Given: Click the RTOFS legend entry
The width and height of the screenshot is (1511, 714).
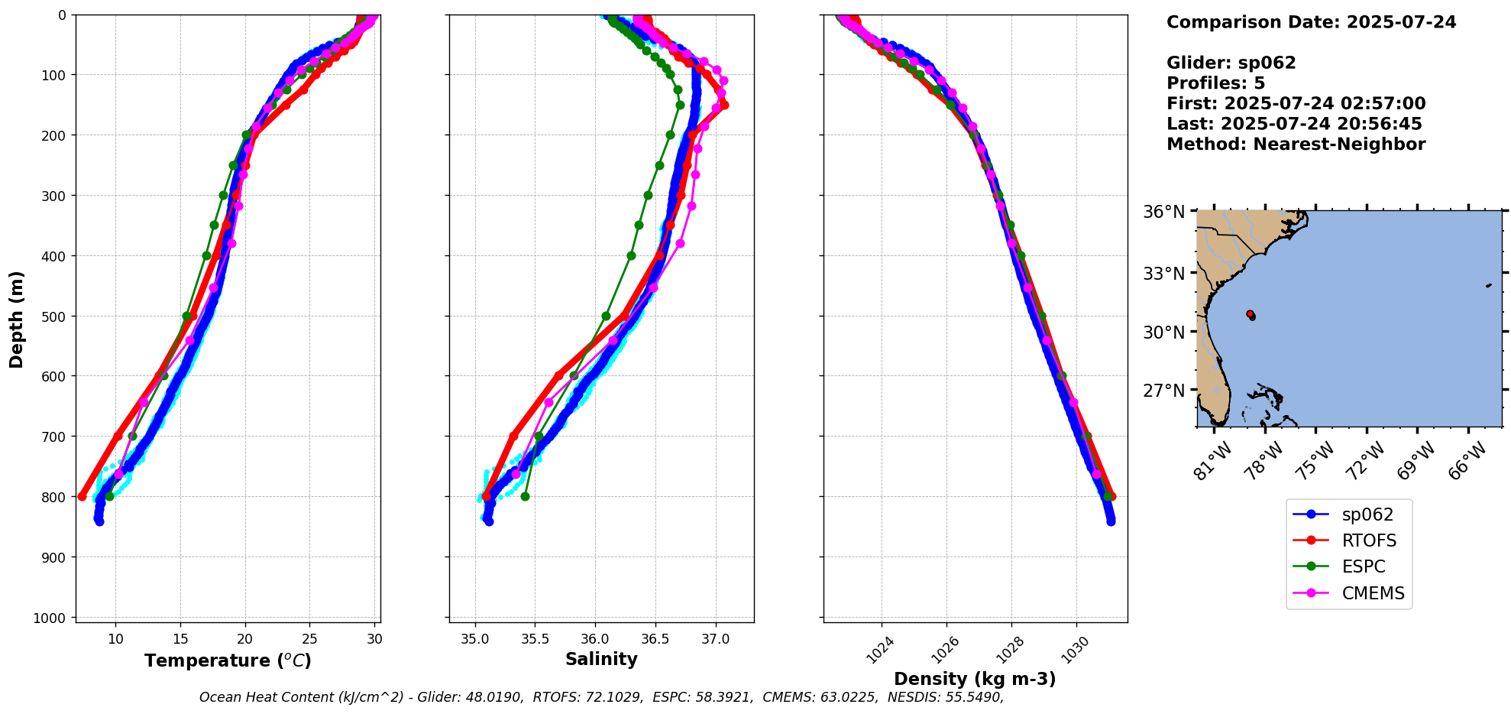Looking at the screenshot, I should pos(1369,540).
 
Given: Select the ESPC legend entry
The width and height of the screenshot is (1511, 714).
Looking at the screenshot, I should pos(1363,566).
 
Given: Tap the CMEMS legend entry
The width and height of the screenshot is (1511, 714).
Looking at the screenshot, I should pos(1373,593).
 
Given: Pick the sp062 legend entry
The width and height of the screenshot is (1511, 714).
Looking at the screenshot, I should pos(1367,514).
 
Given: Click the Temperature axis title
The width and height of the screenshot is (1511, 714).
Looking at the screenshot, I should pos(228,660).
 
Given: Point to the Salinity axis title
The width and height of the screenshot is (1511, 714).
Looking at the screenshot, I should pos(601,659).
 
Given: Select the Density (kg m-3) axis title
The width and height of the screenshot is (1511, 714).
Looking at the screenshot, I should pos(975,679).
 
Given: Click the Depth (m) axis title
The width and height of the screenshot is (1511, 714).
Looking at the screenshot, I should pos(17,319).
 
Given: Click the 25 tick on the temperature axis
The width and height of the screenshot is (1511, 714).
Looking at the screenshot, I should pos(309,639).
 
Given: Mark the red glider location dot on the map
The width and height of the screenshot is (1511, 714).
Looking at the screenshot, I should pos(1250,313).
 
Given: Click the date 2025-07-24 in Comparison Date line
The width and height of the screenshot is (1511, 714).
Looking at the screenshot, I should pos(1401,22).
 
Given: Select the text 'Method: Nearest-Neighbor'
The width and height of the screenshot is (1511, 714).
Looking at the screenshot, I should pos(1296,144).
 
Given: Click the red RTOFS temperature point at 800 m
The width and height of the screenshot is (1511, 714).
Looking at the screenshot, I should pos(82,496).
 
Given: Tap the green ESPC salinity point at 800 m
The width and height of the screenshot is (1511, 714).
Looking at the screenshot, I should pos(525,496).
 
